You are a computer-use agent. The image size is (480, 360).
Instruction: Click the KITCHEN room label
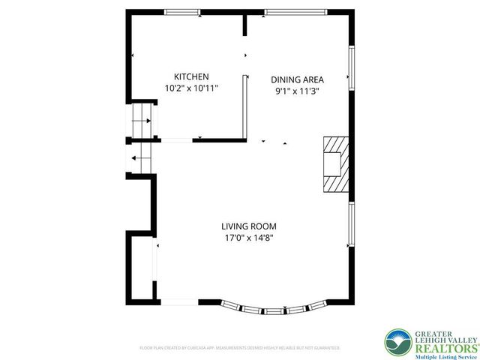click(191, 76)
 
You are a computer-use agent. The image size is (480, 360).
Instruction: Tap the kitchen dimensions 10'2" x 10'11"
click(191, 88)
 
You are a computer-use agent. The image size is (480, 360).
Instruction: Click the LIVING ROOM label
click(249, 226)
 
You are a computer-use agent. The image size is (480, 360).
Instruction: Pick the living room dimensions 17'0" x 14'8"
click(249, 238)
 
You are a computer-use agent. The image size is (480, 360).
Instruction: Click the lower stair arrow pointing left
click(136, 157)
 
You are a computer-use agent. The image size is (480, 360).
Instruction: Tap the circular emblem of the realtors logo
click(397, 343)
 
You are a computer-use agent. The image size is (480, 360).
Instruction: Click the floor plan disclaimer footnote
click(240, 348)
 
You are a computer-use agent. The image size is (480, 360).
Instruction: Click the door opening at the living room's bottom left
click(178, 301)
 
